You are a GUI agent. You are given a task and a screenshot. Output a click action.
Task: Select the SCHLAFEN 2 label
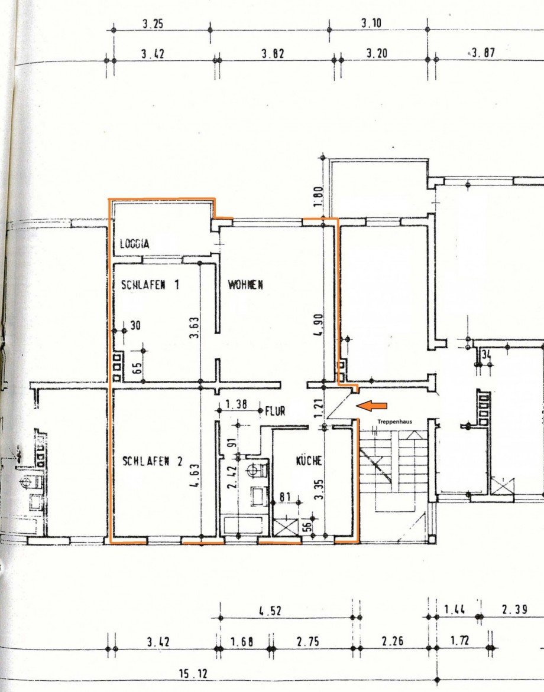tap(153, 461)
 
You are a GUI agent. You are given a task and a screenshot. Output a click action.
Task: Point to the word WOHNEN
tap(246, 285)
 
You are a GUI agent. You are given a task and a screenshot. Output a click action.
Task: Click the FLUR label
tap(276, 410)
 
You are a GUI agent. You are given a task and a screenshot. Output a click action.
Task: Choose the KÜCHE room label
tap(308, 461)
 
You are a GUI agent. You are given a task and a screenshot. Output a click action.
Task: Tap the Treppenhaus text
tap(397, 422)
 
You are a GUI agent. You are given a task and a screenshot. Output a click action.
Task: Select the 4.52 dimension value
tap(270, 612)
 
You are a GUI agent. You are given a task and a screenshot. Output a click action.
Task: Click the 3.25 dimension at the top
tap(153, 24)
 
